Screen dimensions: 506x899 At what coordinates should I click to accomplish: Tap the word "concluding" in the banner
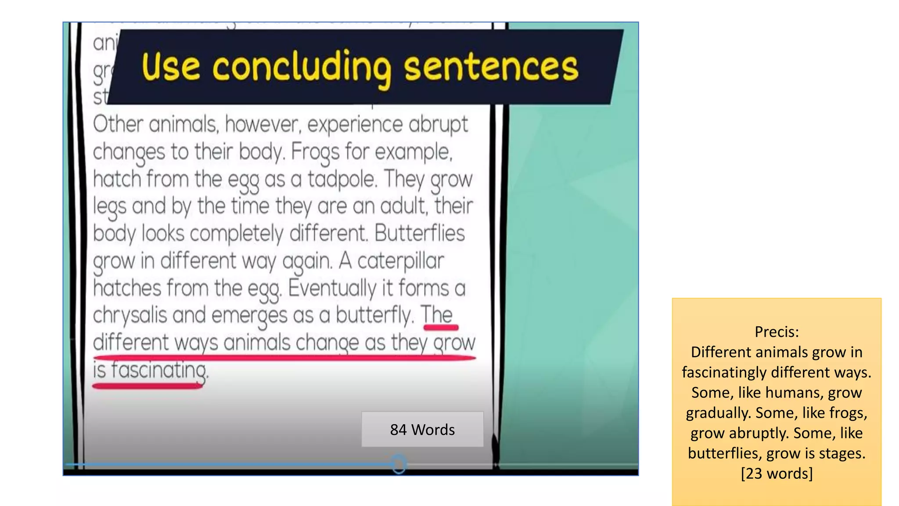coord(302,68)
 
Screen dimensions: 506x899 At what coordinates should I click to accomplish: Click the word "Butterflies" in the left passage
coord(419,233)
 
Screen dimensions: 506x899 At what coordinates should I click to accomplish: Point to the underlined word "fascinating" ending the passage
coord(158,370)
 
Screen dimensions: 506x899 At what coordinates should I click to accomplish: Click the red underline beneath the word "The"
coord(441,327)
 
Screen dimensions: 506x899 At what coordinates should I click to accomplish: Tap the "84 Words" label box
coord(422,430)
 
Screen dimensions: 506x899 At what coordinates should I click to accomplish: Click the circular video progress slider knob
coord(399,464)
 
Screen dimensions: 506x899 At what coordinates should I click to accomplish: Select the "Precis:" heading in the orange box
coord(777,332)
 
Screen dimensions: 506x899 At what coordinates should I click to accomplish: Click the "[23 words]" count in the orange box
coord(777,473)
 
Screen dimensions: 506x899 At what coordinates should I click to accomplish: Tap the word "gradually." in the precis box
coord(719,413)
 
